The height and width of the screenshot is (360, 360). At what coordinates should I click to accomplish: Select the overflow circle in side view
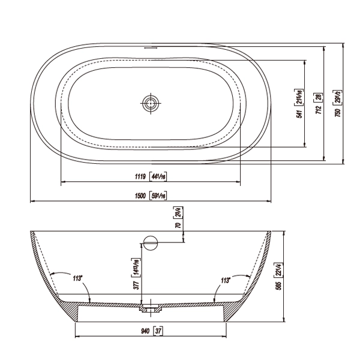pos(149,242)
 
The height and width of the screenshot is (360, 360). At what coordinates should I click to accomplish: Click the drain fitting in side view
pos(150,310)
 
